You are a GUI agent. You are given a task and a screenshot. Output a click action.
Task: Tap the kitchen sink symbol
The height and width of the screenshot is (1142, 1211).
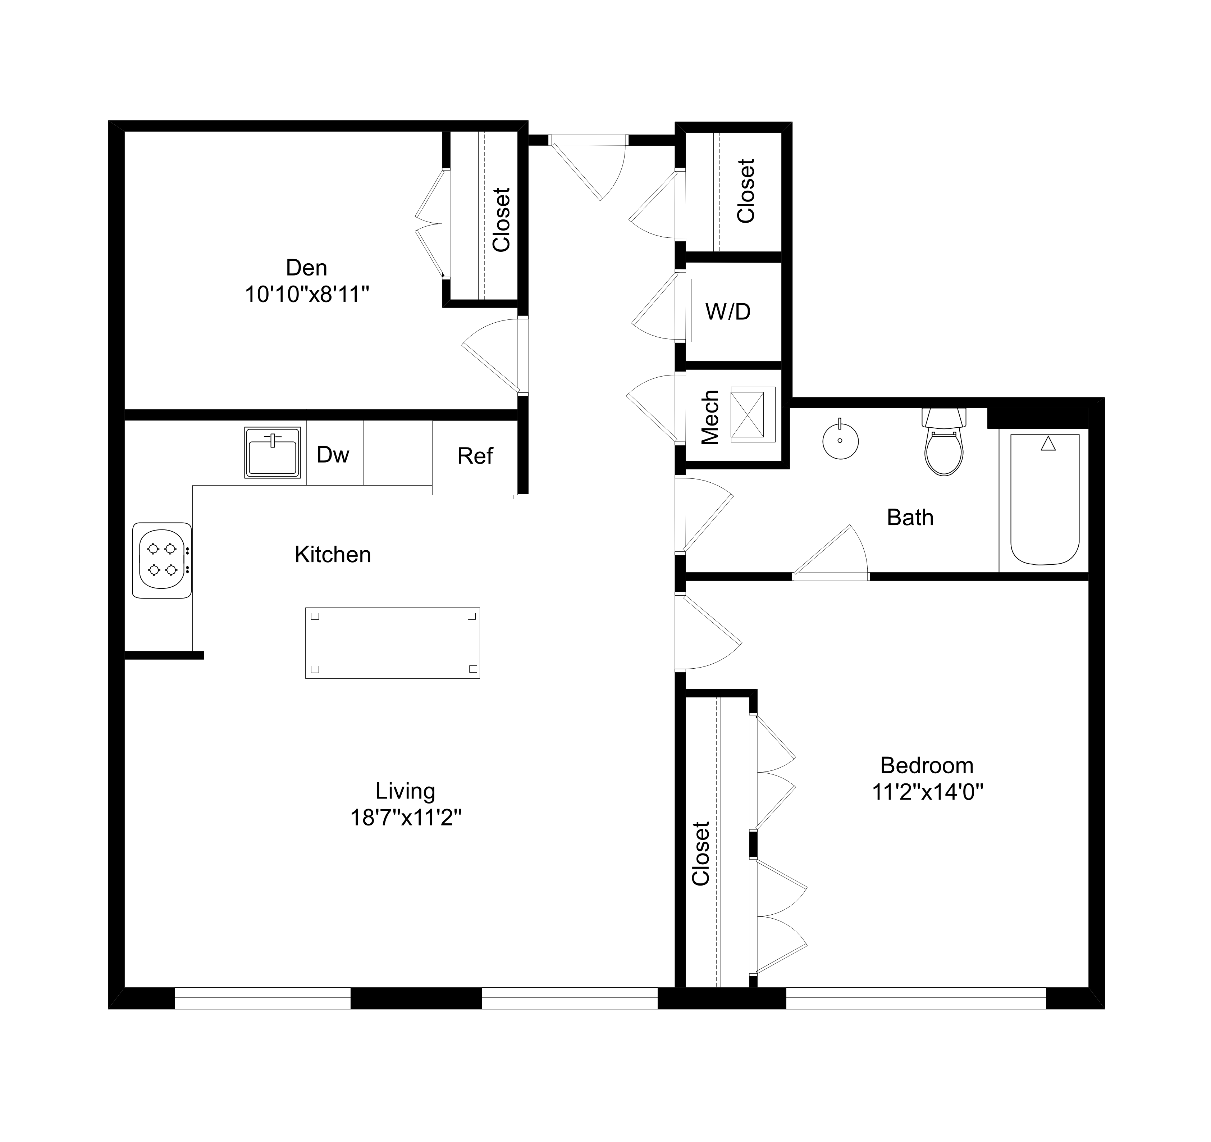272,453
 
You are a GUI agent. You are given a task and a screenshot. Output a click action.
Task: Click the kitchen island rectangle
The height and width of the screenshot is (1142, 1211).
392,643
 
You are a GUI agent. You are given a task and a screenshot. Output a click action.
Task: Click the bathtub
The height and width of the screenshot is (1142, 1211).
1045,500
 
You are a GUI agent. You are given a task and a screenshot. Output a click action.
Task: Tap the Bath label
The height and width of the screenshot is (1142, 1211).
910,518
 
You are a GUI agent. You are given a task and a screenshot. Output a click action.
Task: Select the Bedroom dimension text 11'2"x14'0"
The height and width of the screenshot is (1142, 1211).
928,793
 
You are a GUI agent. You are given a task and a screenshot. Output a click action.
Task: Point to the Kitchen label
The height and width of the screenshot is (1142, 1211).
333,555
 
